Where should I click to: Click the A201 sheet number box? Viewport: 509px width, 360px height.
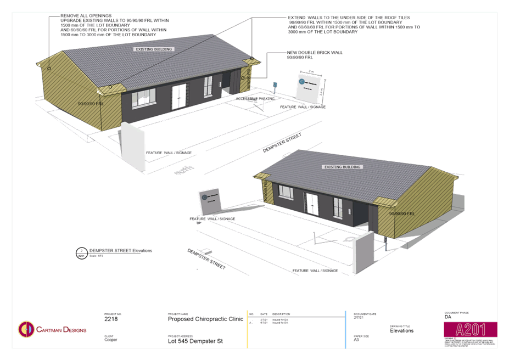coord(470,330)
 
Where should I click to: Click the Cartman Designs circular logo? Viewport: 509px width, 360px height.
coord(25,329)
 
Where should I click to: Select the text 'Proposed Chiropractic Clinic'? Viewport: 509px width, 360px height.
coord(205,318)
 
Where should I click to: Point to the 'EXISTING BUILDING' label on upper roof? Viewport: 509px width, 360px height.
coord(154,49)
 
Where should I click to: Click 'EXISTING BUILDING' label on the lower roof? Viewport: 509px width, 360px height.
coord(342,167)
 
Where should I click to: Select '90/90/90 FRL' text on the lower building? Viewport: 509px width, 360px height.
coord(402,213)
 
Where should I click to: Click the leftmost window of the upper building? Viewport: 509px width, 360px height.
coord(144,99)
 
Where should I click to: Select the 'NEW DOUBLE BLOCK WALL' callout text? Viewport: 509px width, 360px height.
coord(315,53)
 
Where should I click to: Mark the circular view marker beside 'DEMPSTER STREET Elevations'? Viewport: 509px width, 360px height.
coord(81,253)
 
